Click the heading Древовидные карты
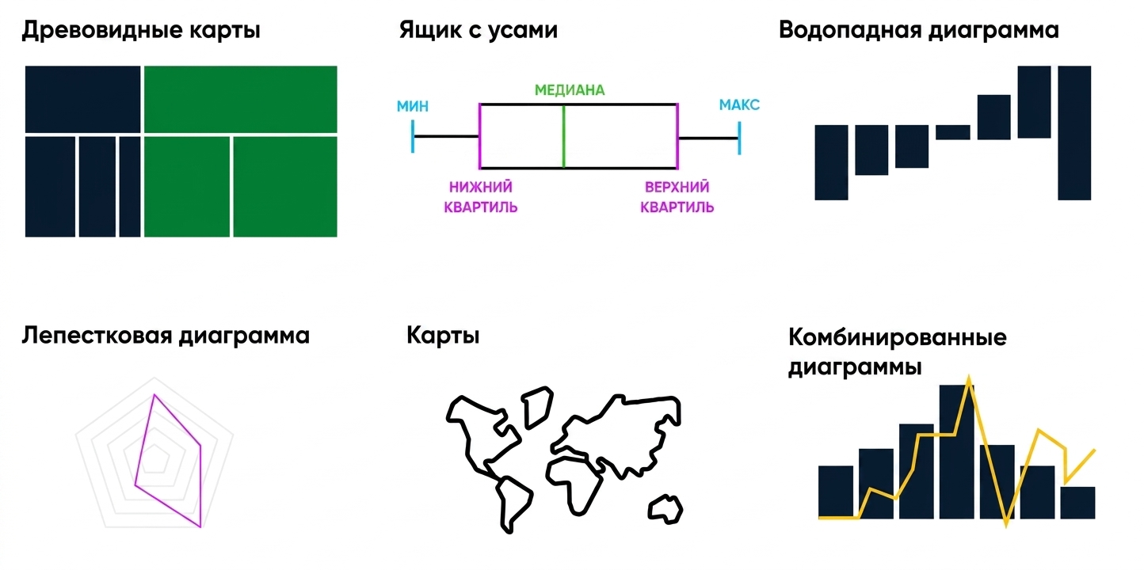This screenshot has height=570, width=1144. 141,31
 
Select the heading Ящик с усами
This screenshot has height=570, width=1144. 478,30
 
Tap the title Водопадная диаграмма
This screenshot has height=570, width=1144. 919,31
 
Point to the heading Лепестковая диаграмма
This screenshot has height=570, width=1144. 166,336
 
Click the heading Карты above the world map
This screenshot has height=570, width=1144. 444,336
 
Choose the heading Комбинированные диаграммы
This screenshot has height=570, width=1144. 898,352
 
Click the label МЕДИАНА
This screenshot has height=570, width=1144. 570,90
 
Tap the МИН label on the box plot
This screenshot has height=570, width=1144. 413,107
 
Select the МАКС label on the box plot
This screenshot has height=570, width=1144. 739,105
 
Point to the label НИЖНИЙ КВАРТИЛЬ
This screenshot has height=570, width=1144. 481,197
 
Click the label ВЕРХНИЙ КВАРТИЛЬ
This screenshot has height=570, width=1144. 677,197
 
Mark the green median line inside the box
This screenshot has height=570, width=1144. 564,136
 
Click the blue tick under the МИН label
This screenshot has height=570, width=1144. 413,136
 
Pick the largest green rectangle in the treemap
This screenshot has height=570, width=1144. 241,99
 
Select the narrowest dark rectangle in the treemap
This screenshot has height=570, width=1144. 130,187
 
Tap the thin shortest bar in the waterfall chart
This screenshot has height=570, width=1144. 953,132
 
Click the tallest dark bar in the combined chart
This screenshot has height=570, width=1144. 956,452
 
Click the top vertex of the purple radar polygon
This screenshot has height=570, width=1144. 154,394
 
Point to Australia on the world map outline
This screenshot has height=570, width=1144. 665,509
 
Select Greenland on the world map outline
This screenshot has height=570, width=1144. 538,407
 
